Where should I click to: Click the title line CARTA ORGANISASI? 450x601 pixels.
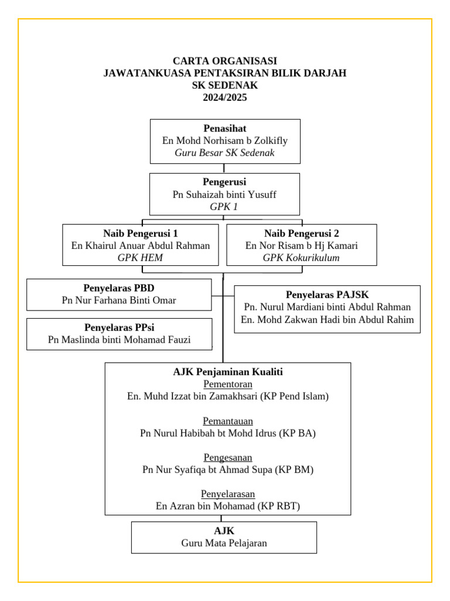point(225,61)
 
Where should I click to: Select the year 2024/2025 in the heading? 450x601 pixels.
point(225,97)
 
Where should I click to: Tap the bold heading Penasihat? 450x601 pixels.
point(225,129)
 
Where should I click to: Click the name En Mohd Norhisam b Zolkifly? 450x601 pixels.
point(225,141)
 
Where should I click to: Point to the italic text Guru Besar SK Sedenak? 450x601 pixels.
point(225,153)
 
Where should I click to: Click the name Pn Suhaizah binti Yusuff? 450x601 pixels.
point(224,194)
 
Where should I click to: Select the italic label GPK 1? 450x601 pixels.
point(224,207)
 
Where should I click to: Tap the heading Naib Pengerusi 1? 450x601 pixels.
point(141,233)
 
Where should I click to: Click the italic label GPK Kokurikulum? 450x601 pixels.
point(301,258)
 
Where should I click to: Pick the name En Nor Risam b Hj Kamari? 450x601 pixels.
point(301,245)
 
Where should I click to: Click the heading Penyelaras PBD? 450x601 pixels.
point(119,288)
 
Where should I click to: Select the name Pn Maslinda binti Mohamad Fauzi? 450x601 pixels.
point(119,340)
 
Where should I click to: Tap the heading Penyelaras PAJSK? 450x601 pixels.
point(327,295)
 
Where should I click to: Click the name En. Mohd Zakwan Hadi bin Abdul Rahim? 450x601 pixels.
point(327,320)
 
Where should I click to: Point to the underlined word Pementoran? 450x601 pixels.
point(228,384)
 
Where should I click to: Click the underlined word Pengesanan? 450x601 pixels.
point(228,457)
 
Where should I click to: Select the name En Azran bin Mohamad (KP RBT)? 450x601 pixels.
point(228,506)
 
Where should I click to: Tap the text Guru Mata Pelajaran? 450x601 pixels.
point(224,543)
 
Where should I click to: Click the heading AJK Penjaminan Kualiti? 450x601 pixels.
point(228,372)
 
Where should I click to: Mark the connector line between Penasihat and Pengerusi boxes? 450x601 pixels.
point(224,168)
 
